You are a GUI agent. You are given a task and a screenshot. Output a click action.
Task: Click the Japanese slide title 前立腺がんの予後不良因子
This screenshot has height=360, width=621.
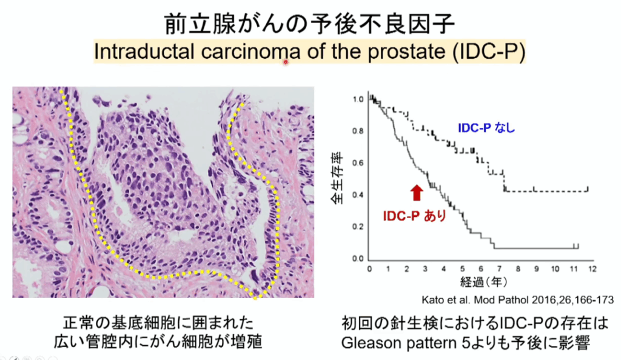310,24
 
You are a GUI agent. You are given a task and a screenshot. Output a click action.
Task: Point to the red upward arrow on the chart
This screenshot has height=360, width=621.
417,193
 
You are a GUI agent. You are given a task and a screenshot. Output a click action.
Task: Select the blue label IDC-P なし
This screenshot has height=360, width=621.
486,128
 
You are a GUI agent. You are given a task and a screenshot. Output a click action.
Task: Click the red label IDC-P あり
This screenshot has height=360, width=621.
414,216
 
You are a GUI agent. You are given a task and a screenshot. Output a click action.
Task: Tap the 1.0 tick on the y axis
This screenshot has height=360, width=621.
358,99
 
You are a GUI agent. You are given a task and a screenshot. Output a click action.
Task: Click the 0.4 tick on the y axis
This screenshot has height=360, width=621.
358,195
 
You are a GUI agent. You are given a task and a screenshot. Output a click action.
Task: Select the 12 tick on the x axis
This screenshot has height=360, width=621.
592,269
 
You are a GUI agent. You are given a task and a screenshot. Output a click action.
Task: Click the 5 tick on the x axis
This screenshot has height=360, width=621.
462,269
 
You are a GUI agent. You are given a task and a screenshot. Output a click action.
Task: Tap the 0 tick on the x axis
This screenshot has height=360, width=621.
369,269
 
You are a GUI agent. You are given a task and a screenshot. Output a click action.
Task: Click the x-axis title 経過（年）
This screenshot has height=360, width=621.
483,282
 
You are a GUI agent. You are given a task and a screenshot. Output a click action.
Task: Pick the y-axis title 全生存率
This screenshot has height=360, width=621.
337,178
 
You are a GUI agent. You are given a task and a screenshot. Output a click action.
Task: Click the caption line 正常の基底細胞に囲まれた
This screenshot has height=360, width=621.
158,323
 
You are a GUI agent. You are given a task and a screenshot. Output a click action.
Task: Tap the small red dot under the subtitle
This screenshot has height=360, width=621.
285,62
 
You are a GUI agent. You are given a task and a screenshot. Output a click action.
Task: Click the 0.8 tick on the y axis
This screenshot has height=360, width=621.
358,131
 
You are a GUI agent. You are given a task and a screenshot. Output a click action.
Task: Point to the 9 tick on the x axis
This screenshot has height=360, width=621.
537,269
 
